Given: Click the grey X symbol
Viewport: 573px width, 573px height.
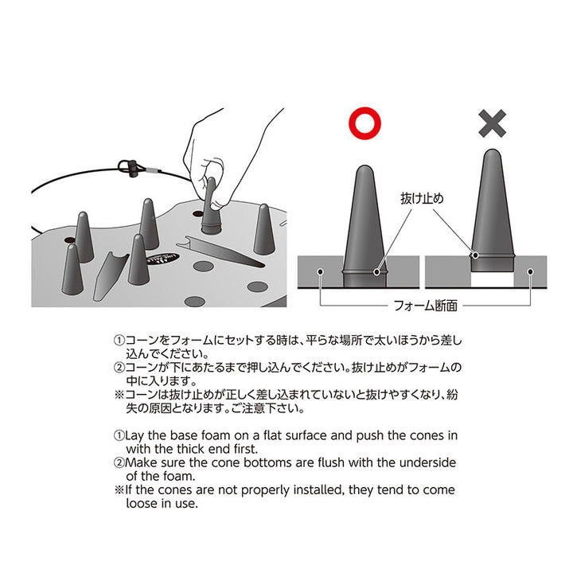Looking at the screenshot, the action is pyautogui.click(x=493, y=123).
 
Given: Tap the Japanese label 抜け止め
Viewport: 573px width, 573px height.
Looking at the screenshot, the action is pyautogui.click(x=422, y=198).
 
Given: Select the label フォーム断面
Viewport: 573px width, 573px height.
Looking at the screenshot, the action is pyautogui.click(x=425, y=306).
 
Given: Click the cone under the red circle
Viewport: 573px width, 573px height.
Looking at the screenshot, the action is pyautogui.click(x=364, y=227).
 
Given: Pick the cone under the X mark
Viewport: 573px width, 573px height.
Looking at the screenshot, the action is pyautogui.click(x=493, y=212).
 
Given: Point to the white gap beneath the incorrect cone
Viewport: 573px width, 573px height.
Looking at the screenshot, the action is pyautogui.click(x=493, y=279).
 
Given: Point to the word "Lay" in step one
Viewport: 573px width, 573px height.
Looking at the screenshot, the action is pyautogui.click(x=134, y=436).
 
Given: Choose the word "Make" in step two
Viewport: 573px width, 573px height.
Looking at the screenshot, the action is pyautogui.click(x=142, y=462).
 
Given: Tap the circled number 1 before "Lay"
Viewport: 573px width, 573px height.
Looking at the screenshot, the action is pyautogui.click(x=119, y=435).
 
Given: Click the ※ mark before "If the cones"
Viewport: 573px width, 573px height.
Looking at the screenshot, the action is pyautogui.click(x=119, y=489).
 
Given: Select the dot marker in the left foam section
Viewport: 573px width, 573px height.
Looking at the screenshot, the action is pyautogui.click(x=321, y=271).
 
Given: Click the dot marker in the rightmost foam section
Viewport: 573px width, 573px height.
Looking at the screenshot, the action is pyautogui.click(x=531, y=271).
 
